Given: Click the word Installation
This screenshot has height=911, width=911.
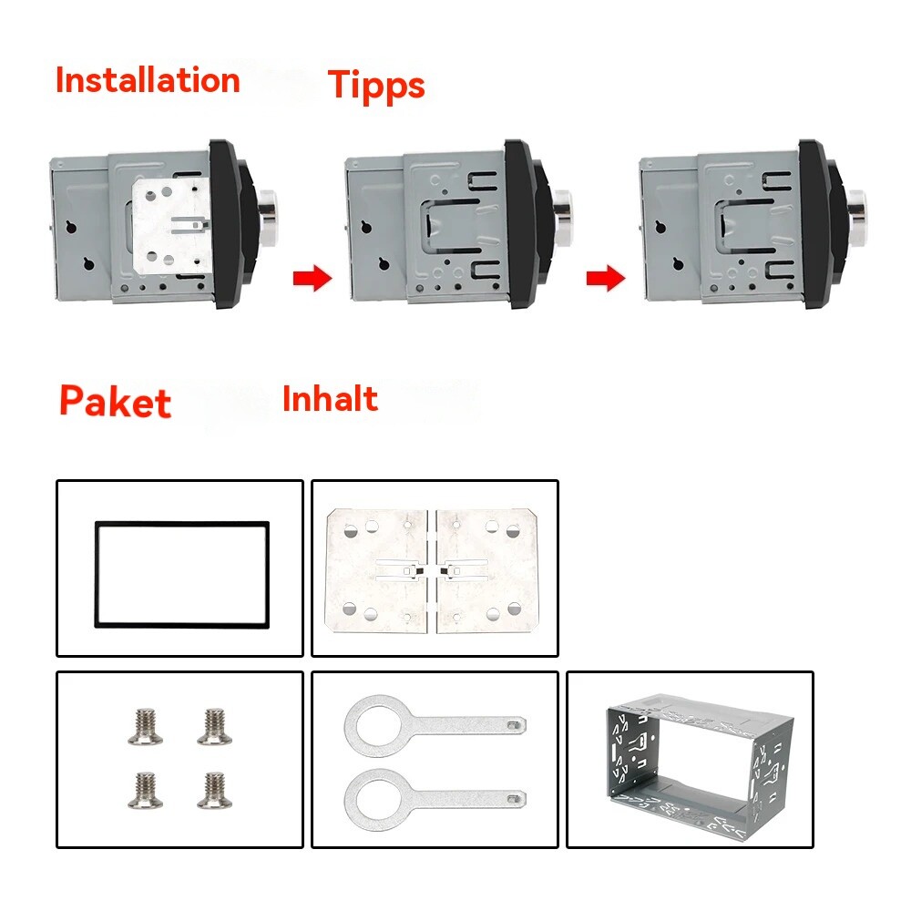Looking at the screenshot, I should pyautogui.click(x=147, y=80).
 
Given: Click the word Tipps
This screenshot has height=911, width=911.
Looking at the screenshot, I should pyautogui.click(x=376, y=85).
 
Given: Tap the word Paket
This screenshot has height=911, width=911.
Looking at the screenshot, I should pyautogui.click(x=115, y=402).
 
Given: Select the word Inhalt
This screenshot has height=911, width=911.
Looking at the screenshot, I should pyautogui.click(x=330, y=399).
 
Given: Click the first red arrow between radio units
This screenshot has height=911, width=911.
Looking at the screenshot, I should pyautogui.click(x=312, y=279).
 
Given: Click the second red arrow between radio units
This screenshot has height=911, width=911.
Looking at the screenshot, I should pyautogui.click(x=605, y=279).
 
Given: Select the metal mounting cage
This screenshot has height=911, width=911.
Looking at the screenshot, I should pyautogui.click(x=690, y=762).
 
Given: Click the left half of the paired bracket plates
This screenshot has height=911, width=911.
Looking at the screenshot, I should pyautogui.click(x=376, y=569).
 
